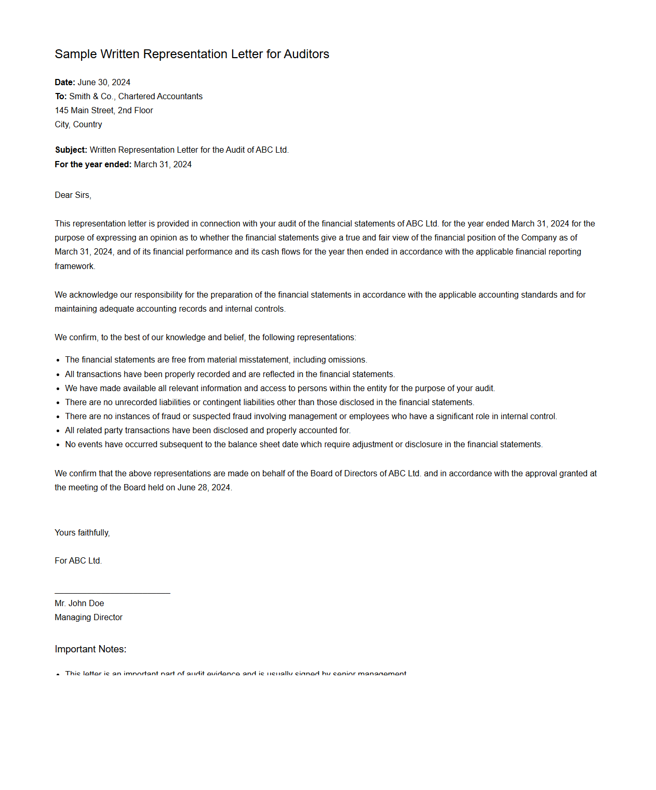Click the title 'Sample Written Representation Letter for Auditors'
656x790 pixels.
(192, 54)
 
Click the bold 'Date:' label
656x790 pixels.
(65, 82)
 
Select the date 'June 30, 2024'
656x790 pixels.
(104, 82)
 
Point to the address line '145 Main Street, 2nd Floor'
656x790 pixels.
(104, 110)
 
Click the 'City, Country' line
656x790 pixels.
(78, 124)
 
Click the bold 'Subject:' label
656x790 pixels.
(71, 150)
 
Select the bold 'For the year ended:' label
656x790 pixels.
(93, 164)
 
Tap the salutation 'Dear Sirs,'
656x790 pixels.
(73, 195)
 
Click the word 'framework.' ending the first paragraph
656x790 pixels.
(75, 266)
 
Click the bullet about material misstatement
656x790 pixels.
(216, 359)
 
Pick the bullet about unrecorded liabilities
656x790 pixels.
(270, 402)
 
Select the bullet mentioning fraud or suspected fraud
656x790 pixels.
(311, 416)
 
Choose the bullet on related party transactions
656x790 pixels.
(208, 430)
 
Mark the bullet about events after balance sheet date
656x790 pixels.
(304, 444)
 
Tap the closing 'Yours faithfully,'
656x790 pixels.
(82, 532)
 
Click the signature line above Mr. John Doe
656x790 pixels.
(112, 593)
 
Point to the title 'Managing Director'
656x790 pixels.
(88, 617)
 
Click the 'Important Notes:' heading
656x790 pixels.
(90, 649)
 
